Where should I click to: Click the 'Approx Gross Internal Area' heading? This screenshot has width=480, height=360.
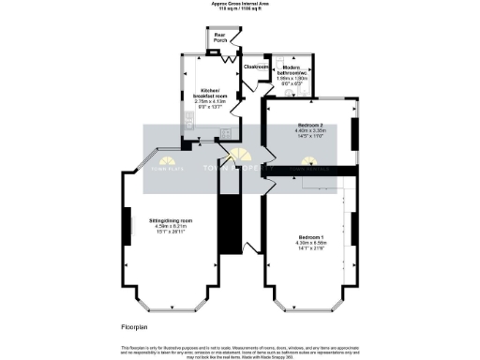pyautogui.click(x=239, y=4)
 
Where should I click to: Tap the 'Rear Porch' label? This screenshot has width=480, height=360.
pyautogui.click(x=219, y=38)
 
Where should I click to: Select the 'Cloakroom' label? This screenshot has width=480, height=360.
pyautogui.click(x=256, y=67)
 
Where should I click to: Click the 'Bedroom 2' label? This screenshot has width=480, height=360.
pyautogui.click(x=311, y=125)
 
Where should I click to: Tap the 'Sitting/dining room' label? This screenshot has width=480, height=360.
pyautogui.click(x=172, y=221)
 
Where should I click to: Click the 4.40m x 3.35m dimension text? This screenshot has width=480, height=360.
pyautogui.click(x=311, y=130)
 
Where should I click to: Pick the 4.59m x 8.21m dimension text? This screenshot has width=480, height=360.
pyautogui.click(x=172, y=227)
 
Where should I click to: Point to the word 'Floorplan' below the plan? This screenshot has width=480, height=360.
pyautogui.click(x=134, y=326)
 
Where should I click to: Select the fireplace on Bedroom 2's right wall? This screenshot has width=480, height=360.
pyautogui.click(x=353, y=136)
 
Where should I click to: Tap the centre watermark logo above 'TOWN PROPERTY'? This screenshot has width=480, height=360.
pyautogui.click(x=240, y=156)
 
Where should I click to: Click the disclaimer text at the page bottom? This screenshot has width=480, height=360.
pyautogui.click(x=239, y=350)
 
